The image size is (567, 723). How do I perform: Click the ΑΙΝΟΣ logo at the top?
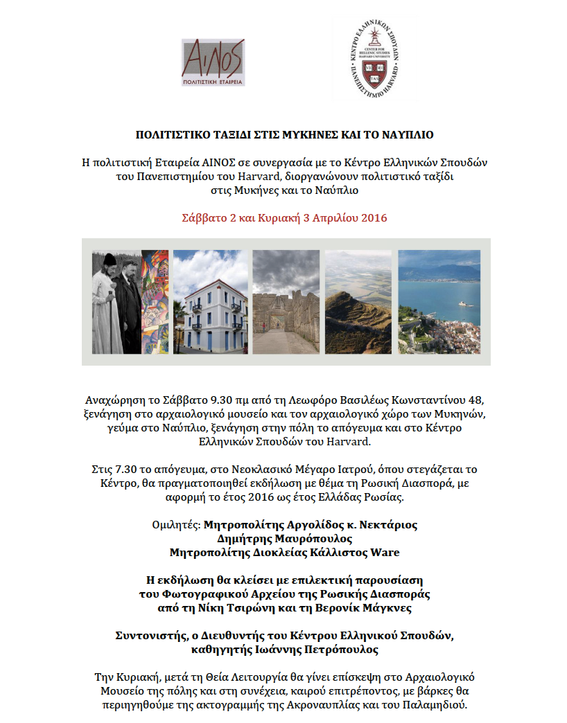(213, 62)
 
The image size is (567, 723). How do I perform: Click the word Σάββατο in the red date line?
(200, 217)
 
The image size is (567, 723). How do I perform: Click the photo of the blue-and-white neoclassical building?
(210, 302)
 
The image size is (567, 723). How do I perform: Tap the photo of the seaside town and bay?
(439, 302)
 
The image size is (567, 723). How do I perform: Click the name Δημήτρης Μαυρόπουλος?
(285, 538)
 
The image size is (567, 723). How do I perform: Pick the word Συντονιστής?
(148, 635)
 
